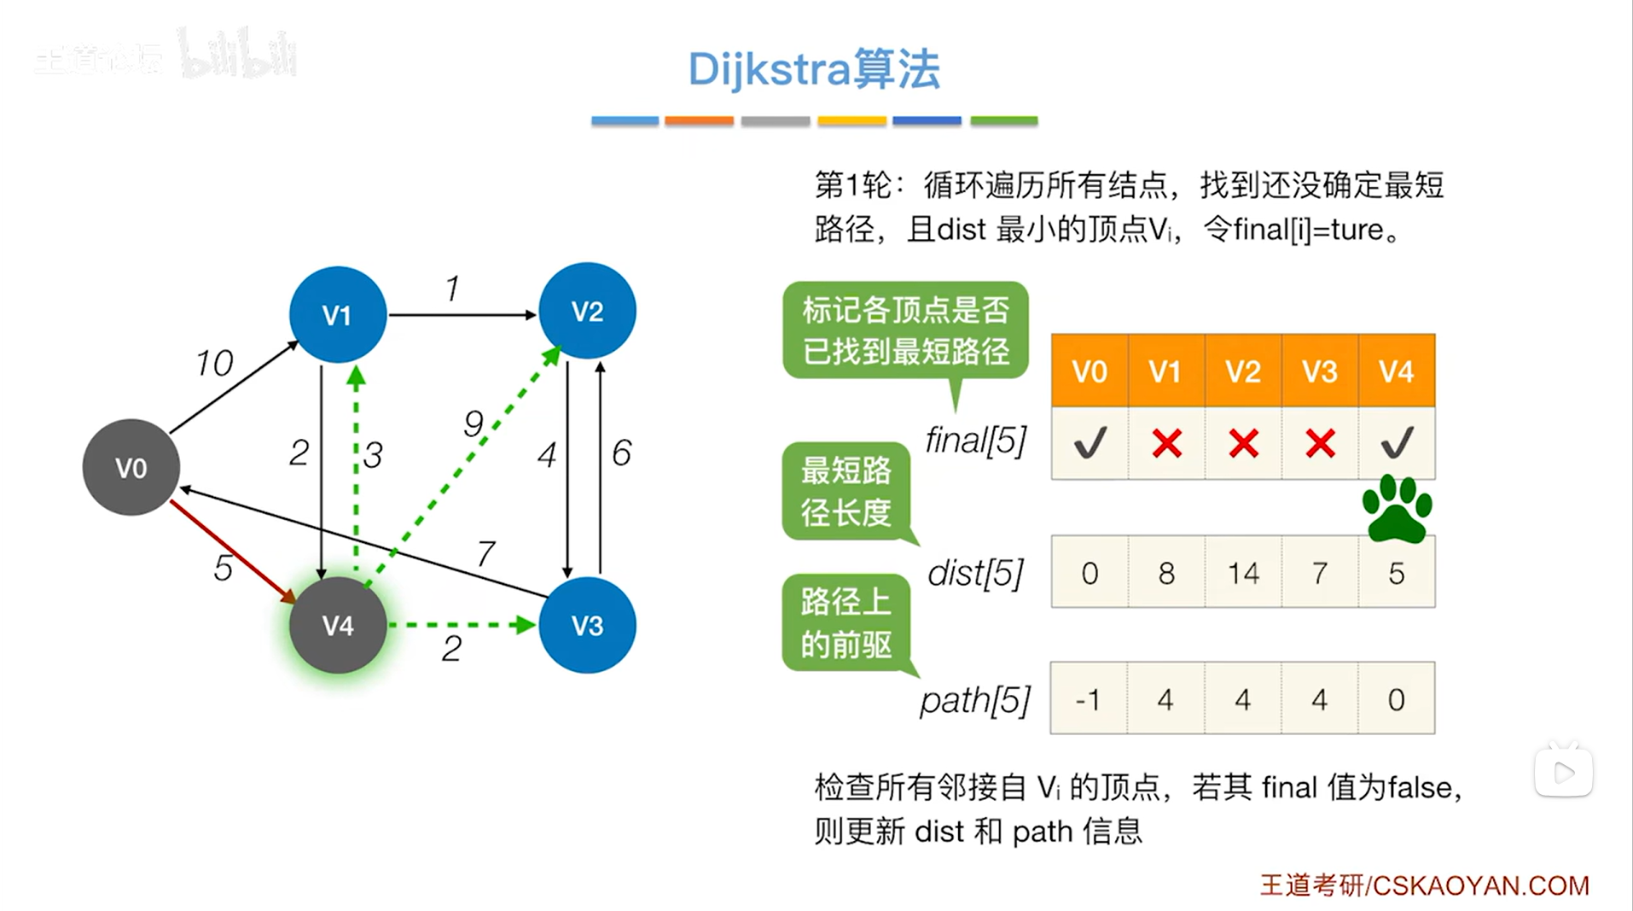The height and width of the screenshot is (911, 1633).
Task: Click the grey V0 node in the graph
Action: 131,467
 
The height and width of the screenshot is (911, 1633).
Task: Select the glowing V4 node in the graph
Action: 338,625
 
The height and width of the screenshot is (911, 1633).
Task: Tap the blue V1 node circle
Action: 338,315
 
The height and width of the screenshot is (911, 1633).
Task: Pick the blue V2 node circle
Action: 587,311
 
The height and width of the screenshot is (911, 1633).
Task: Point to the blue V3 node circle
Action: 587,625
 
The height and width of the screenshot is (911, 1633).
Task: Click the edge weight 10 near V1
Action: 214,363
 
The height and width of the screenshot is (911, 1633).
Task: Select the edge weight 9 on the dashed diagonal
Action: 474,423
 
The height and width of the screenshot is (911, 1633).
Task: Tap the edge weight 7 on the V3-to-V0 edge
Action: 485,553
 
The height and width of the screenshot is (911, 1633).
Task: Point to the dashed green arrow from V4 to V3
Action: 461,625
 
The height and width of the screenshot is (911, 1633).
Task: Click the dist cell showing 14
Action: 1243,572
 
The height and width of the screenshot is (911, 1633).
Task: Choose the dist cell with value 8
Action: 1166,572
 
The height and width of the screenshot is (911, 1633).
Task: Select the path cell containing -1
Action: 1089,698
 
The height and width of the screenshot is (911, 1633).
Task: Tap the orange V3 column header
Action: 1319,371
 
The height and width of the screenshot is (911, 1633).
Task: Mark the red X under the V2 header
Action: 1243,443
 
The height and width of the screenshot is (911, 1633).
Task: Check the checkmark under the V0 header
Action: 1090,443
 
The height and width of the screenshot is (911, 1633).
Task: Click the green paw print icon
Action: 1397,509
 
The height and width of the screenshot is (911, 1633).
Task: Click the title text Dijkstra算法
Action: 814,69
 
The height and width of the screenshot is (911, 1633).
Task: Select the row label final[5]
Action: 976,441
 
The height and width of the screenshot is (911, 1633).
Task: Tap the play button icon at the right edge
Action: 1563,772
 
